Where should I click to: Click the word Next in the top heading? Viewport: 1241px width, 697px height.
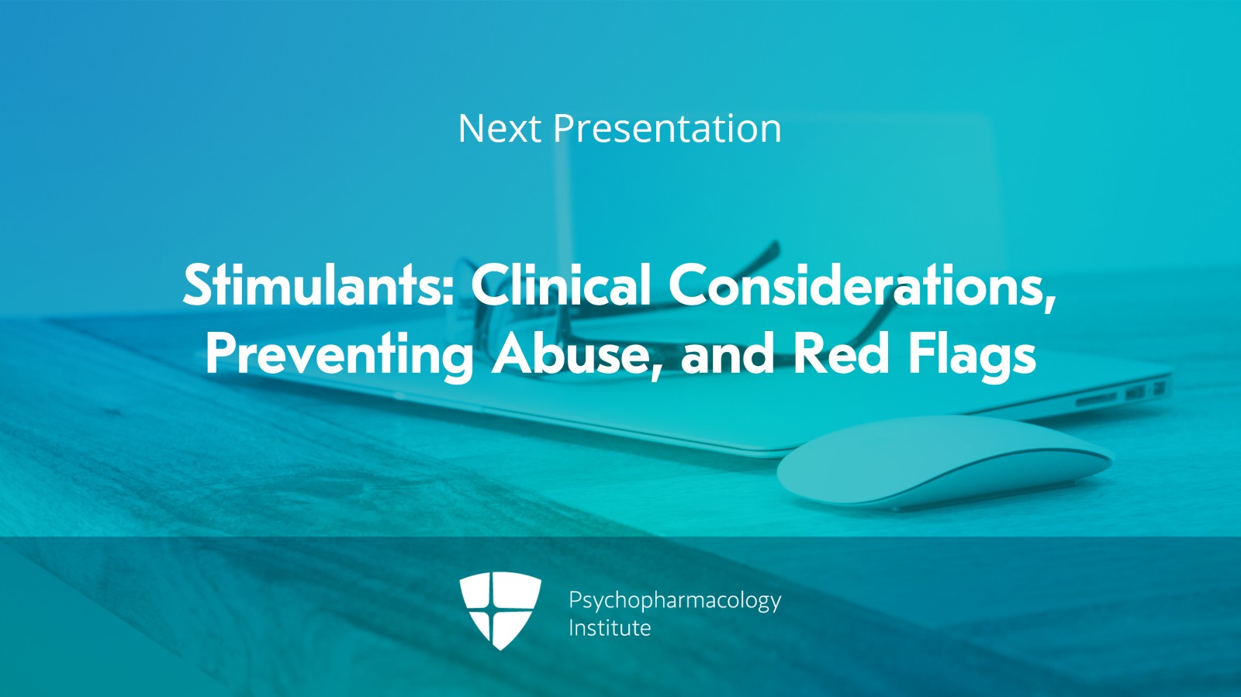pyautogui.click(x=499, y=129)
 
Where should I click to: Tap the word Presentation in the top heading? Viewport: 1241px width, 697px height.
pyautogui.click(x=666, y=129)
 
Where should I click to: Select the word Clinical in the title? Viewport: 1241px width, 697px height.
pyautogui.click(x=560, y=285)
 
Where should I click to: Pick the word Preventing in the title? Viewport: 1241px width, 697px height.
pyautogui.click(x=339, y=354)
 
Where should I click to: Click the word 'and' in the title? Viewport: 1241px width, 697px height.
pyautogui.click(x=726, y=354)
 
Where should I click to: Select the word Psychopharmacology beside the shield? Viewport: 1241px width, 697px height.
pyautogui.click(x=674, y=601)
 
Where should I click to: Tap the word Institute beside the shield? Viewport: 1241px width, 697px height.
pyautogui.click(x=609, y=628)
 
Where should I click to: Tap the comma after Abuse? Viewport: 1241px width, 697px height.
pyautogui.click(x=657, y=372)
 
